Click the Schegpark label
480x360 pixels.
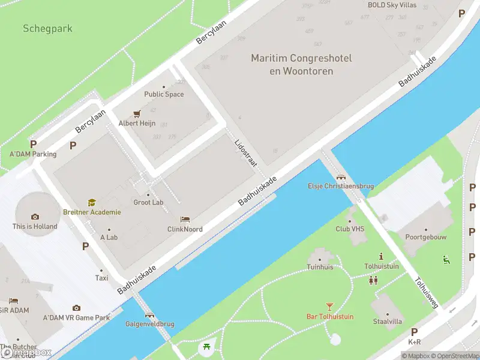(x=47, y=28)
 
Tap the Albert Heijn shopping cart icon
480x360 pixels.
(x=136, y=113)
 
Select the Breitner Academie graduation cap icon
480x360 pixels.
(x=92, y=203)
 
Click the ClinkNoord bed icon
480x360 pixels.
(x=185, y=220)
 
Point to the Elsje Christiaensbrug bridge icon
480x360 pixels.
(x=341, y=177)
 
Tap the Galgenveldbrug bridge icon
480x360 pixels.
(x=149, y=315)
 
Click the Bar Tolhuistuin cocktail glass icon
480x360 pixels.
(x=329, y=307)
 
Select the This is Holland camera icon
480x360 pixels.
(x=35, y=217)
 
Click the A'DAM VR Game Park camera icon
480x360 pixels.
(x=76, y=308)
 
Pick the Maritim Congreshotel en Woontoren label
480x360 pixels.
(x=301, y=64)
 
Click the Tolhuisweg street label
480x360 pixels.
(x=425, y=292)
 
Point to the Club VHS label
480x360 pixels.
(x=350, y=229)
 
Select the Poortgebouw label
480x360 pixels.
(x=426, y=237)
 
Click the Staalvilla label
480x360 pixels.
(x=387, y=322)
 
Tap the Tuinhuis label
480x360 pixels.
(x=320, y=267)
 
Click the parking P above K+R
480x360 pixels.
(x=414, y=332)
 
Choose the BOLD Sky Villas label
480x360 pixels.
(x=392, y=5)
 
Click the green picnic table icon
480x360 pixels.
(x=206, y=346)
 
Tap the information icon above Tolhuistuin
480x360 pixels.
(x=381, y=256)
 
